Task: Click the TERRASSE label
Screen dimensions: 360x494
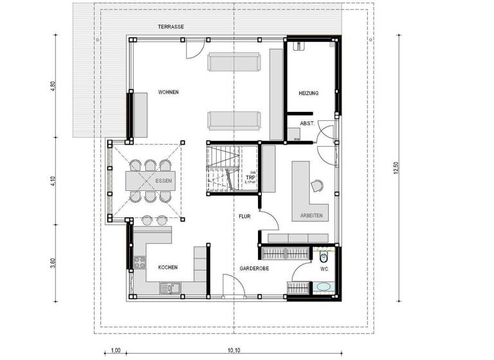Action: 171,26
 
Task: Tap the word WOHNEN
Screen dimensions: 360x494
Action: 169,93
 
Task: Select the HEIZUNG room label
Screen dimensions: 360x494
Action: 308,94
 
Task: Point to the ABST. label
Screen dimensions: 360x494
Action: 307,125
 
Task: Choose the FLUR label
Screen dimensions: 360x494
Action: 244,217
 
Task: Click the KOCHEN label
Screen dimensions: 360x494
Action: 167,267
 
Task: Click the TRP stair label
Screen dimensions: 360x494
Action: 251,177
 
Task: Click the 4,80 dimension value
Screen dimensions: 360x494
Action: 53,85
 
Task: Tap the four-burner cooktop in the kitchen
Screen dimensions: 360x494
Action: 140,262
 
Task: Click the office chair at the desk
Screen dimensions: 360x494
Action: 318,185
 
